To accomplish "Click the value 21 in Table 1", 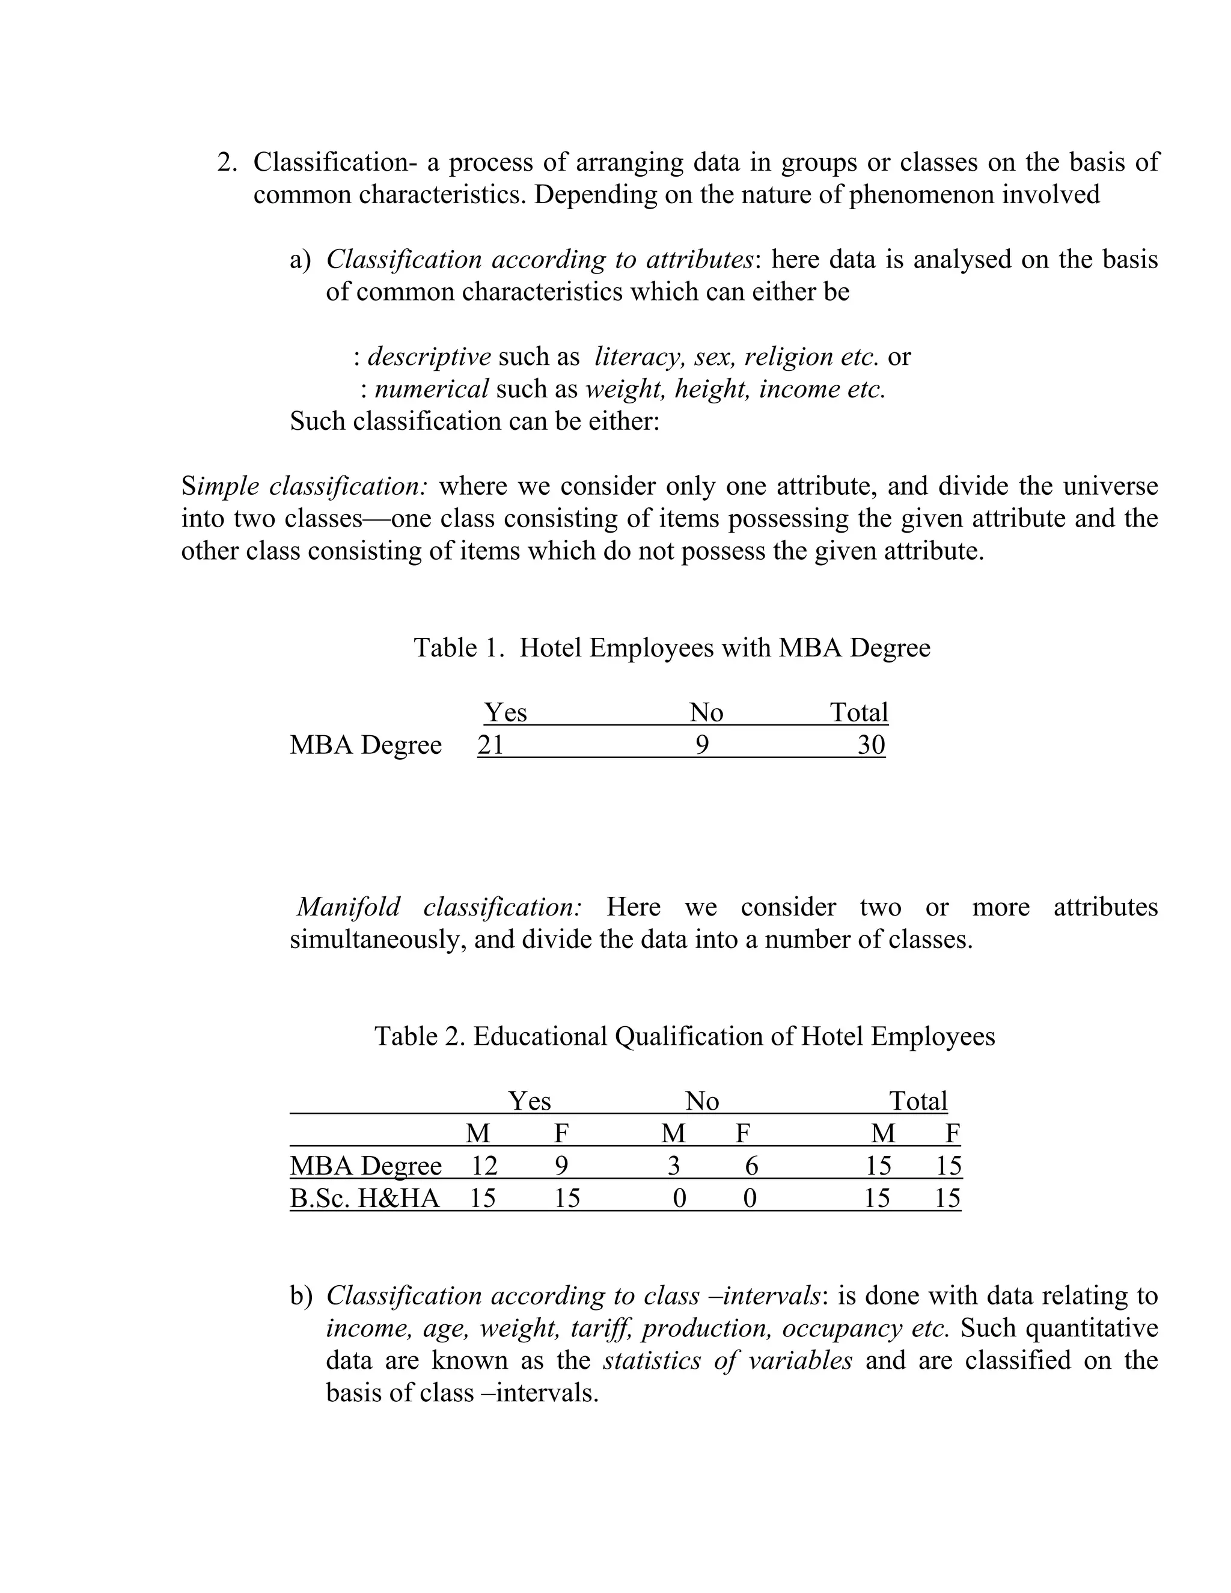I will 491,745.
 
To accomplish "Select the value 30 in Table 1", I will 871,745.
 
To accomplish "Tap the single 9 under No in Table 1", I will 701,745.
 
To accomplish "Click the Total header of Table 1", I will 859,712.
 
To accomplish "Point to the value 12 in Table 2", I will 483,1166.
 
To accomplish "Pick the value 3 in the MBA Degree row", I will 674,1166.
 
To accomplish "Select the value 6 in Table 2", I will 751,1166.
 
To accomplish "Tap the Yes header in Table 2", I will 530,1101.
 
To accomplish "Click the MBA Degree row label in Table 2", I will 365,1166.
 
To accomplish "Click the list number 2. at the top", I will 228,162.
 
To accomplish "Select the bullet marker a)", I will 300,260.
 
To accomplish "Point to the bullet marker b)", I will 301,1295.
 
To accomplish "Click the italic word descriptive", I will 429,356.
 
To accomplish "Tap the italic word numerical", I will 431,389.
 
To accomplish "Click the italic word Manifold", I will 349,907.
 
